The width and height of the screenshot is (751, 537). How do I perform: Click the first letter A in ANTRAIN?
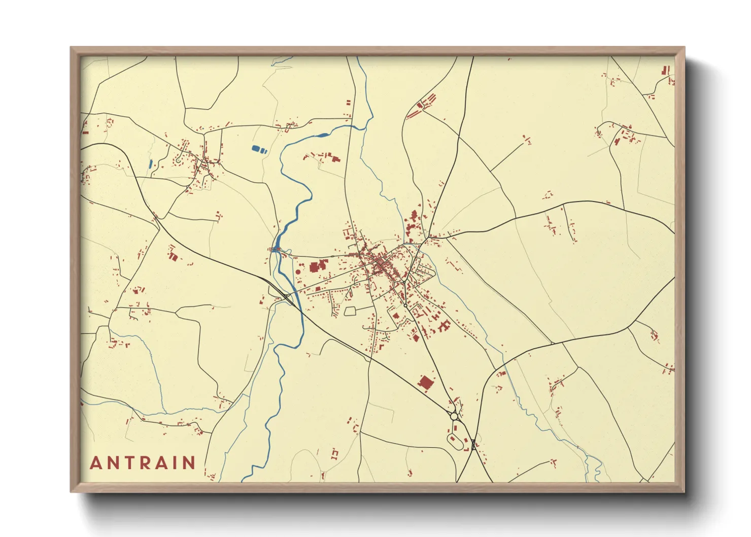[x=95, y=463]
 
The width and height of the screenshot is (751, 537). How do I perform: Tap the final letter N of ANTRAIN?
[x=189, y=463]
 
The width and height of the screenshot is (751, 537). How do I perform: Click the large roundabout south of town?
[x=454, y=416]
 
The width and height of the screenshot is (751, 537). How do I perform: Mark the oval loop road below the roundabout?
[x=455, y=440]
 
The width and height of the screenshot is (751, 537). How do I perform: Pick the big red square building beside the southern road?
[x=425, y=383]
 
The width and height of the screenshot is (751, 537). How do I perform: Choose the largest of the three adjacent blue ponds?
[x=256, y=149]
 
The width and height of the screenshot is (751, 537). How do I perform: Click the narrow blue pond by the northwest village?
[x=150, y=164]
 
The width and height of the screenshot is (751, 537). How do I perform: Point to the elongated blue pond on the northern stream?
[x=322, y=135]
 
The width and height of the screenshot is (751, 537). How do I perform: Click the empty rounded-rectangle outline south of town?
[x=351, y=311]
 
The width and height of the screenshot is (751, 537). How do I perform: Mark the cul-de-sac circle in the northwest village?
[x=178, y=160]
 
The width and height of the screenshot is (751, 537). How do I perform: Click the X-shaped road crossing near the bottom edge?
[x=473, y=445]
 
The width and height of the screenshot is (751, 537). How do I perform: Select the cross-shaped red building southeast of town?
[x=445, y=325]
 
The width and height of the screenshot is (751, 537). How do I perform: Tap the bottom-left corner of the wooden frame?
[x=72, y=491]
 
